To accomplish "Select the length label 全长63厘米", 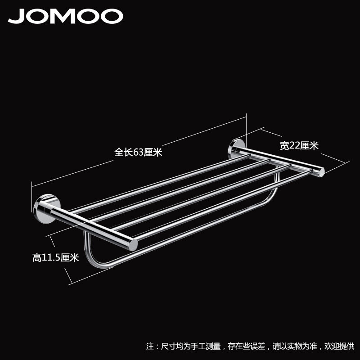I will pyautogui.click(x=138, y=153).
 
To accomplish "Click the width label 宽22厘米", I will pyautogui.click(x=299, y=145).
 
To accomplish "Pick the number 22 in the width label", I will pyautogui.click(x=295, y=145).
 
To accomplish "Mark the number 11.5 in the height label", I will pyautogui.click(x=53, y=258).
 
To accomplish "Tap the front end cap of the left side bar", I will pyautogui.click(x=133, y=245).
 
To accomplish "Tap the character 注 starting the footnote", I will pyautogui.click(x=150, y=346).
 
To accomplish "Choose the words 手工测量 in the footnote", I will pyautogui.click(x=207, y=346).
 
